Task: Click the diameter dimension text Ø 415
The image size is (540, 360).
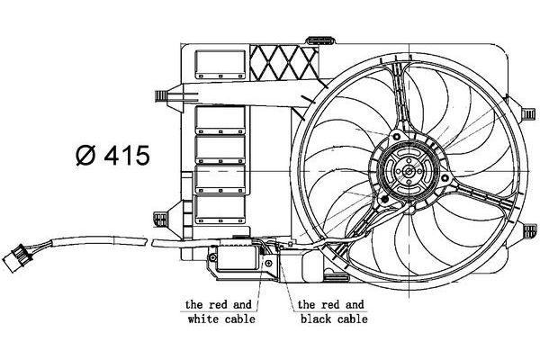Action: [112, 156]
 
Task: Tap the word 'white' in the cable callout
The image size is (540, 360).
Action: [204, 319]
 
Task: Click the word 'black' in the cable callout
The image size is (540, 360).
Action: [317, 319]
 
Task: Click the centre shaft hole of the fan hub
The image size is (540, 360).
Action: [409, 171]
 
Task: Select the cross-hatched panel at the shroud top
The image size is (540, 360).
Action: [283, 62]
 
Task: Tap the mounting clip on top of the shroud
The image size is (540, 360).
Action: [320, 40]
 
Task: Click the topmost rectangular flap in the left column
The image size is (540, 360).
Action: [220, 65]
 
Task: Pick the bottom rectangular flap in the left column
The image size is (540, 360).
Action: [220, 210]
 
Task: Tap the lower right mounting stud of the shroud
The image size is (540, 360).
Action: [530, 229]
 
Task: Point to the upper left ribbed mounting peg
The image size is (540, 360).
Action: [161, 95]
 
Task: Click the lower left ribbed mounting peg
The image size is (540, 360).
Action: [160, 219]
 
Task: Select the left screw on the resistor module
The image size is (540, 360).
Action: [212, 257]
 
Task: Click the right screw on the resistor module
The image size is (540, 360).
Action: [268, 264]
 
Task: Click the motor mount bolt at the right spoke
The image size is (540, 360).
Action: [445, 178]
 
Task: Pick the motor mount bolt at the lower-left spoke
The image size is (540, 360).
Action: [382, 198]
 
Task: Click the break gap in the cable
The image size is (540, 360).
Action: [149, 242]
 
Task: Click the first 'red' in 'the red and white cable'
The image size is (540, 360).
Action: [218, 304]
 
